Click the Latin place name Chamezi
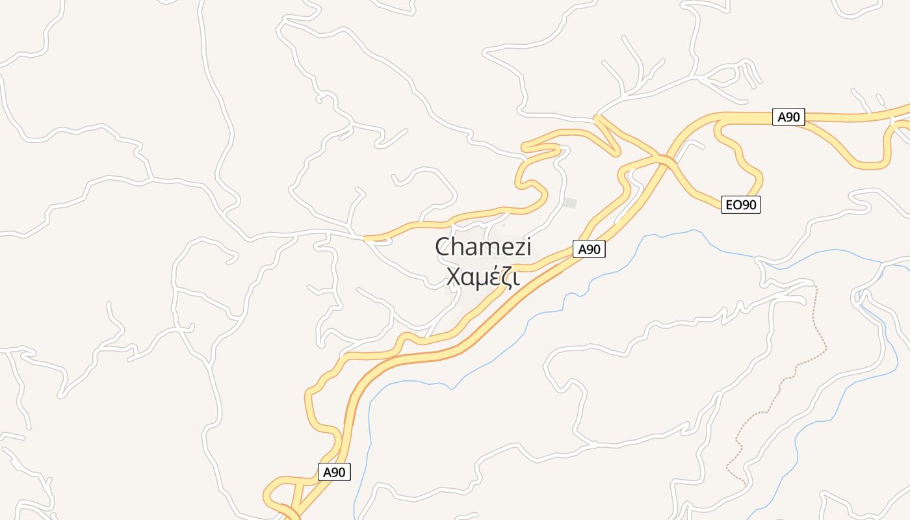pyautogui.click(x=483, y=248)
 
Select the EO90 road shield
pyautogui.click(x=741, y=205)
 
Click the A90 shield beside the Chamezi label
pyautogui.click(x=589, y=249)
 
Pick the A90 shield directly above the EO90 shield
pyautogui.click(x=789, y=117)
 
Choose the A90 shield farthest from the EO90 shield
pyautogui.click(x=334, y=472)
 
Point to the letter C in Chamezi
pyautogui.click(x=443, y=248)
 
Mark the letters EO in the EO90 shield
pyautogui.click(x=733, y=205)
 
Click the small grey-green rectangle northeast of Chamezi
pyautogui.click(x=570, y=203)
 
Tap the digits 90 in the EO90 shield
pyautogui.click(x=749, y=205)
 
